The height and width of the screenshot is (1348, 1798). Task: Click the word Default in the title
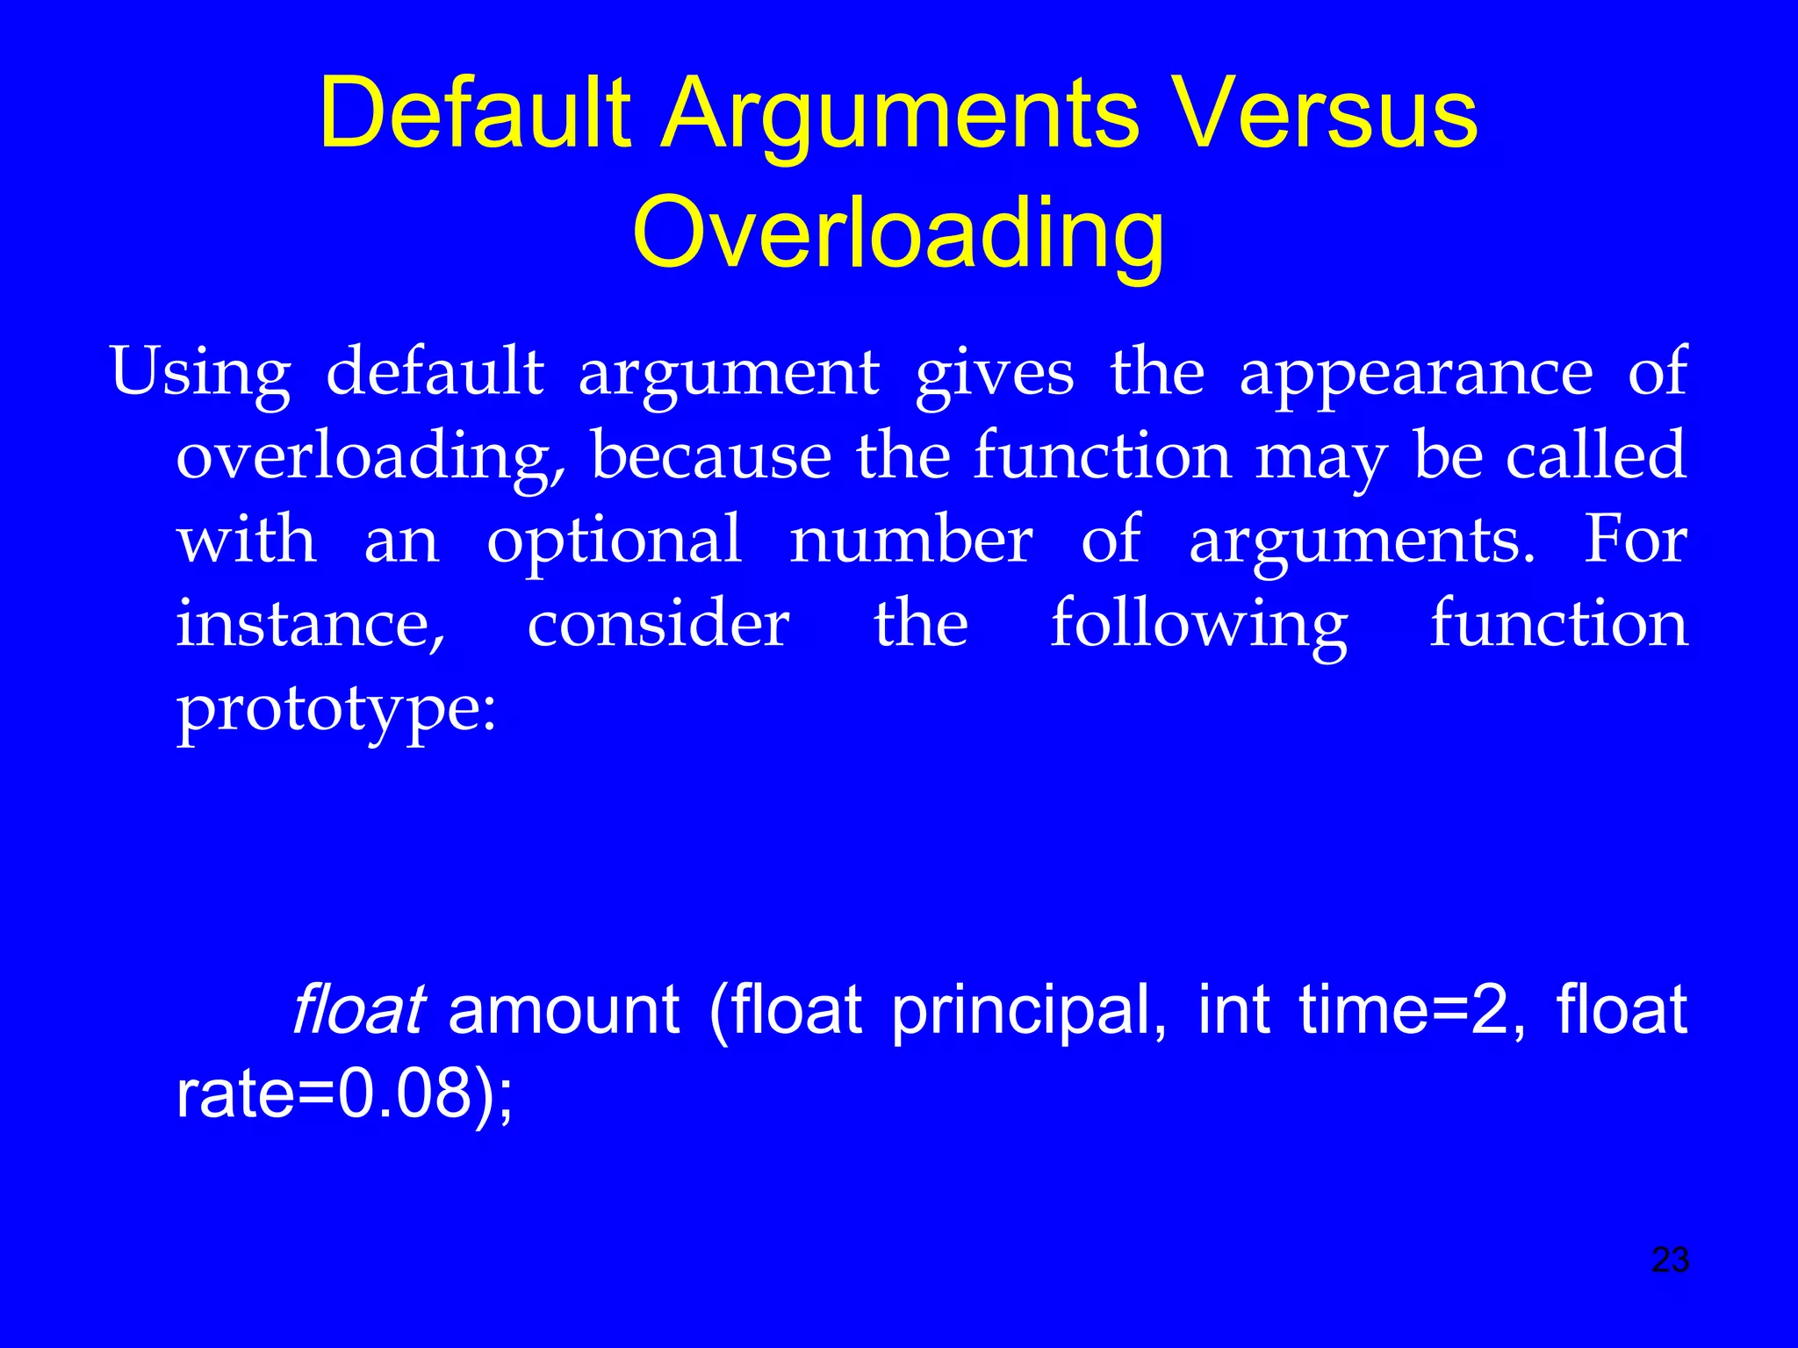coord(475,114)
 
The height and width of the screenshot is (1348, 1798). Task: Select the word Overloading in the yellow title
coord(898,233)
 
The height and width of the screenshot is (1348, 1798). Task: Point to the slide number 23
coord(1670,1260)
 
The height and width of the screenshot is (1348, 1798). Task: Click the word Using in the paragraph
coord(200,372)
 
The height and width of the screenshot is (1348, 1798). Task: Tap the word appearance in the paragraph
coord(1416,372)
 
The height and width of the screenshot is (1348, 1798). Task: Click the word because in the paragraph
coord(711,456)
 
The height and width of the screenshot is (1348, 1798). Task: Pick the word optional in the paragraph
coord(615,541)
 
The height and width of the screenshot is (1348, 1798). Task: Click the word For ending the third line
coord(1635,539)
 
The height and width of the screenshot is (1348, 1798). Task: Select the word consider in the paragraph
coord(658,623)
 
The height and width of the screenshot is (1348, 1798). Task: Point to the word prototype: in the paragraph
coord(336,709)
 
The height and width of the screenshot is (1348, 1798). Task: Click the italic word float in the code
coord(358,1009)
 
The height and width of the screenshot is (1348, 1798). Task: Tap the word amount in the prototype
coord(564,1009)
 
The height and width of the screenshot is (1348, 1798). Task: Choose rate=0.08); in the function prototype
coord(344,1094)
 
